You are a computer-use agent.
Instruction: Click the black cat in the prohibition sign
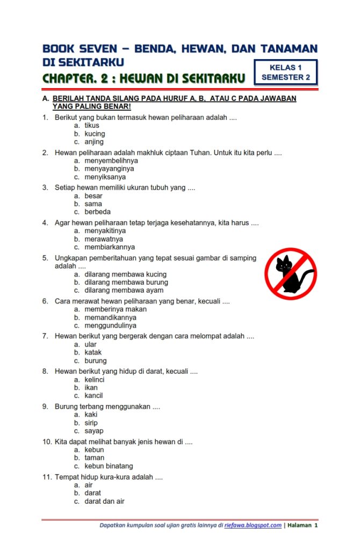[x=291, y=274]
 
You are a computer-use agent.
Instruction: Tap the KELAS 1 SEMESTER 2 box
[x=285, y=73]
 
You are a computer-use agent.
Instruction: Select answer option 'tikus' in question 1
[x=92, y=126]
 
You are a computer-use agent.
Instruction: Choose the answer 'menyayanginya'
[x=109, y=169]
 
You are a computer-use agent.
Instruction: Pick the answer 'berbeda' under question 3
[x=97, y=212]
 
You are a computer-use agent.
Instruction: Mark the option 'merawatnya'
[x=104, y=239]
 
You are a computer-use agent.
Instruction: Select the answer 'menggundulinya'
[x=110, y=325]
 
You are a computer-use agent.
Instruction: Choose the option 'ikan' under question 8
[x=91, y=388]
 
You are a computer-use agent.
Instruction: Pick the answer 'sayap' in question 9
[x=94, y=431]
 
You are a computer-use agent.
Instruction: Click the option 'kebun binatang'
[x=109, y=466]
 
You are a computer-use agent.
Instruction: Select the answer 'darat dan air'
[x=104, y=501]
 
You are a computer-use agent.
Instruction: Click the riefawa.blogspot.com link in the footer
[x=253, y=525]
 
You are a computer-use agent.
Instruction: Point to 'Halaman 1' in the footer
[x=303, y=525]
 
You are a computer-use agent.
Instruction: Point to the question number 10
[x=47, y=442]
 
